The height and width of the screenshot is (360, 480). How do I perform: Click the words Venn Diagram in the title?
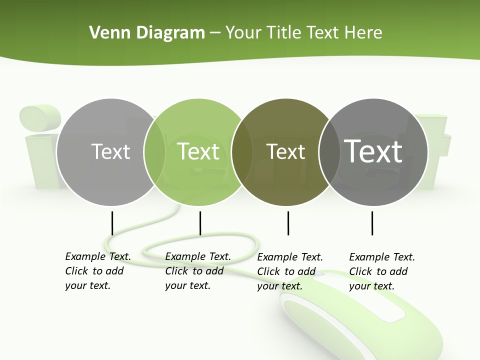click(x=146, y=32)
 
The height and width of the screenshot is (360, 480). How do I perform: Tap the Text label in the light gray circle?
click(x=110, y=151)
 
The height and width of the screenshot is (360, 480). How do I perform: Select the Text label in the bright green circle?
click(x=198, y=151)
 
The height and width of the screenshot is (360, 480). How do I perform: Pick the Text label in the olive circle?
click(x=285, y=151)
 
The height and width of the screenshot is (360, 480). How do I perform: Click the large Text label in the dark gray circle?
click(x=373, y=151)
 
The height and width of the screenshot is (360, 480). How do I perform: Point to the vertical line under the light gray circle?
click(x=112, y=223)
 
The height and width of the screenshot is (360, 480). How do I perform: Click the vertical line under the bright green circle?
click(x=200, y=223)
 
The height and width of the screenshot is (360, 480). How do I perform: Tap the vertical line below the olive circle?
click(x=288, y=223)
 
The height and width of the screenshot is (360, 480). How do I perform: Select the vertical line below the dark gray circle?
click(x=372, y=223)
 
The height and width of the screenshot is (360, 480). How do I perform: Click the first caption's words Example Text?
click(x=98, y=256)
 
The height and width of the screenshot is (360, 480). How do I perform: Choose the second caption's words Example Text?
click(x=198, y=256)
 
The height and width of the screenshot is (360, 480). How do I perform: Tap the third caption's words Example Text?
click(x=290, y=257)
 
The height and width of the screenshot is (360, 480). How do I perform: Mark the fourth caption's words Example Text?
click(x=382, y=257)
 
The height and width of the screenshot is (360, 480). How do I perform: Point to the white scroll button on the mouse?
click(x=330, y=274)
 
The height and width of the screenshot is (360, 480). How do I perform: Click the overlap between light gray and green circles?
click(x=154, y=151)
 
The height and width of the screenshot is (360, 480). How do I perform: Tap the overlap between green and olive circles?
click(x=242, y=151)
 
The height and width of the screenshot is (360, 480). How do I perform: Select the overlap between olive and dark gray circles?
click(x=329, y=151)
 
